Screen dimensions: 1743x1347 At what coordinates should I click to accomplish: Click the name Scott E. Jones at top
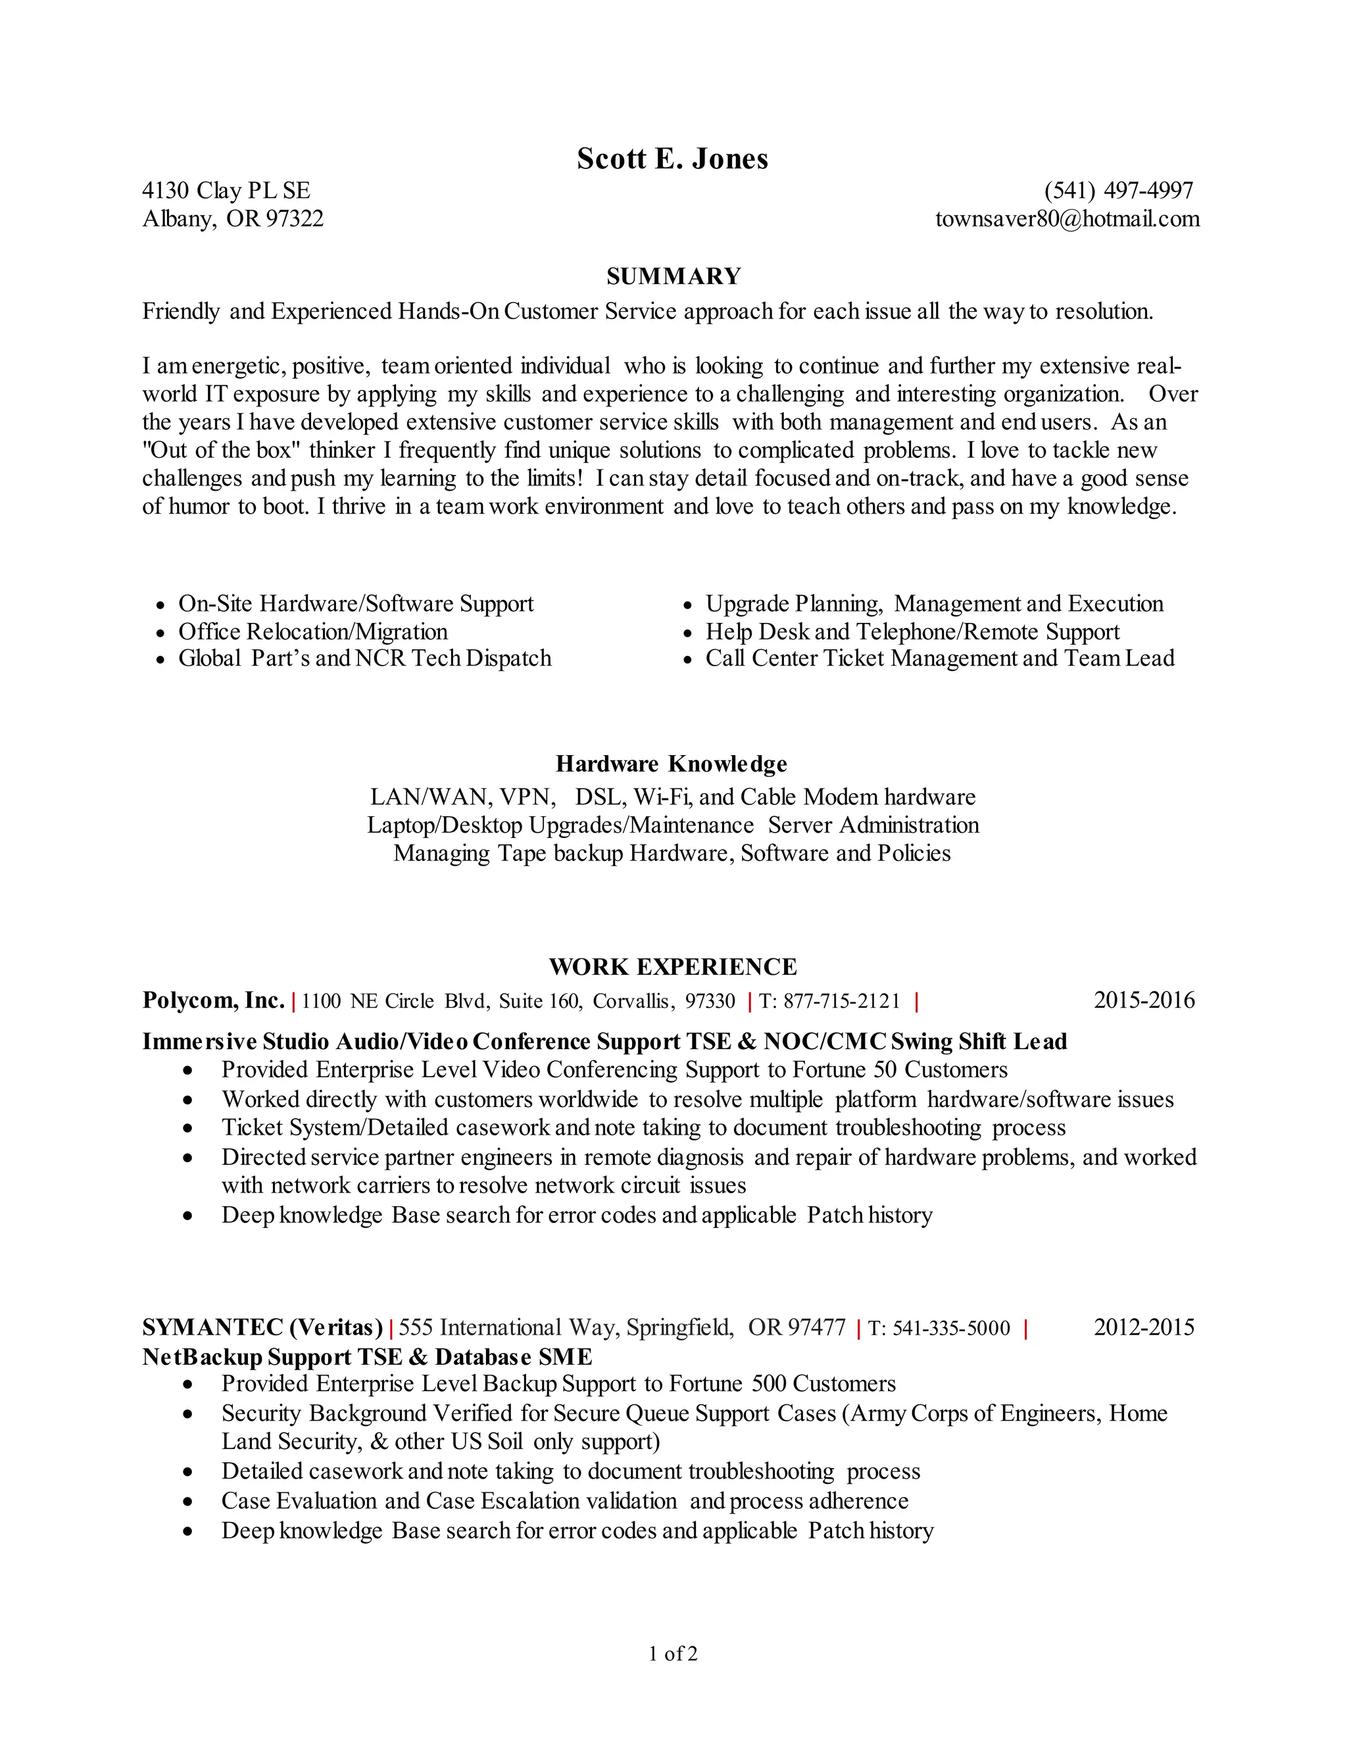tap(672, 159)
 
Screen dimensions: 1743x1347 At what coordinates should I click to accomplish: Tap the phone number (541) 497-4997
tap(1118, 191)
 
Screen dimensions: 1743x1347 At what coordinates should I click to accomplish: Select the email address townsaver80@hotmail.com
tap(1067, 218)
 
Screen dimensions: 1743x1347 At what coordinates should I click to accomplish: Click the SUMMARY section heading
tap(673, 276)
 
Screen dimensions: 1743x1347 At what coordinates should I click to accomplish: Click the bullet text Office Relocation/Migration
tap(313, 631)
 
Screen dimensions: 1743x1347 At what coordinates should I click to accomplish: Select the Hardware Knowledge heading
tap(671, 764)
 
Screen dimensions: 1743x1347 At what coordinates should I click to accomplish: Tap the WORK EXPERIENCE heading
tap(673, 966)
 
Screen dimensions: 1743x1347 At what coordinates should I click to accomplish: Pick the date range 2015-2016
tap(1144, 1000)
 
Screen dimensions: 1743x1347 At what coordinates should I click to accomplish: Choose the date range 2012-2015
tap(1144, 1327)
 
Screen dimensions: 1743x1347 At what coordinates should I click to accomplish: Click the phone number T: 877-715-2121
tap(829, 1001)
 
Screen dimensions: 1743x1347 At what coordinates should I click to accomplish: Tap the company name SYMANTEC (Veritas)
tap(262, 1327)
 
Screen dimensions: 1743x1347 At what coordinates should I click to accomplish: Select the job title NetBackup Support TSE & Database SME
tap(367, 1357)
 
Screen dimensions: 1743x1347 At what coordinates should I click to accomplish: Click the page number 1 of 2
tap(673, 1654)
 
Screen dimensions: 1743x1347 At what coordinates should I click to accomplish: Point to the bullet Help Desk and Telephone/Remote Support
tap(912, 631)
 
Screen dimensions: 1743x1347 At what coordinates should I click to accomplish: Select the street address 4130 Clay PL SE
tap(226, 191)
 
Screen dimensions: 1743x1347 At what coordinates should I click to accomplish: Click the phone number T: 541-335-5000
tap(939, 1328)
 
